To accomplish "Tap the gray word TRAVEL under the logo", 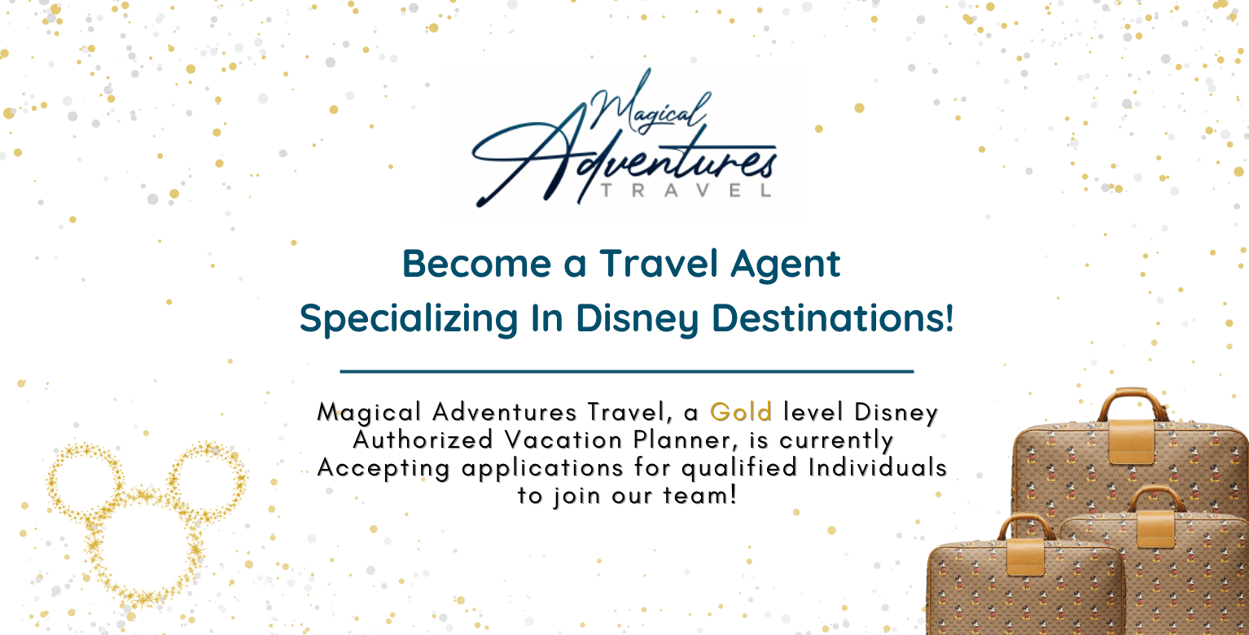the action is click(x=686, y=190).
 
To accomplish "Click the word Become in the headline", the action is click(x=477, y=264).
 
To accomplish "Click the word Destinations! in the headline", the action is click(x=832, y=318).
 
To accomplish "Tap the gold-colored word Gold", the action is click(x=741, y=412).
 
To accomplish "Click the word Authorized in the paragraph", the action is click(x=423, y=440).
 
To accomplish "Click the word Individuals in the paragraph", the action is click(x=878, y=467).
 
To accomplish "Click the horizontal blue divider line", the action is click(x=627, y=371).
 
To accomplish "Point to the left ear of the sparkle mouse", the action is click(x=50, y=480).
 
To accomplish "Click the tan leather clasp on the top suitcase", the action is click(x=1132, y=441).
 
